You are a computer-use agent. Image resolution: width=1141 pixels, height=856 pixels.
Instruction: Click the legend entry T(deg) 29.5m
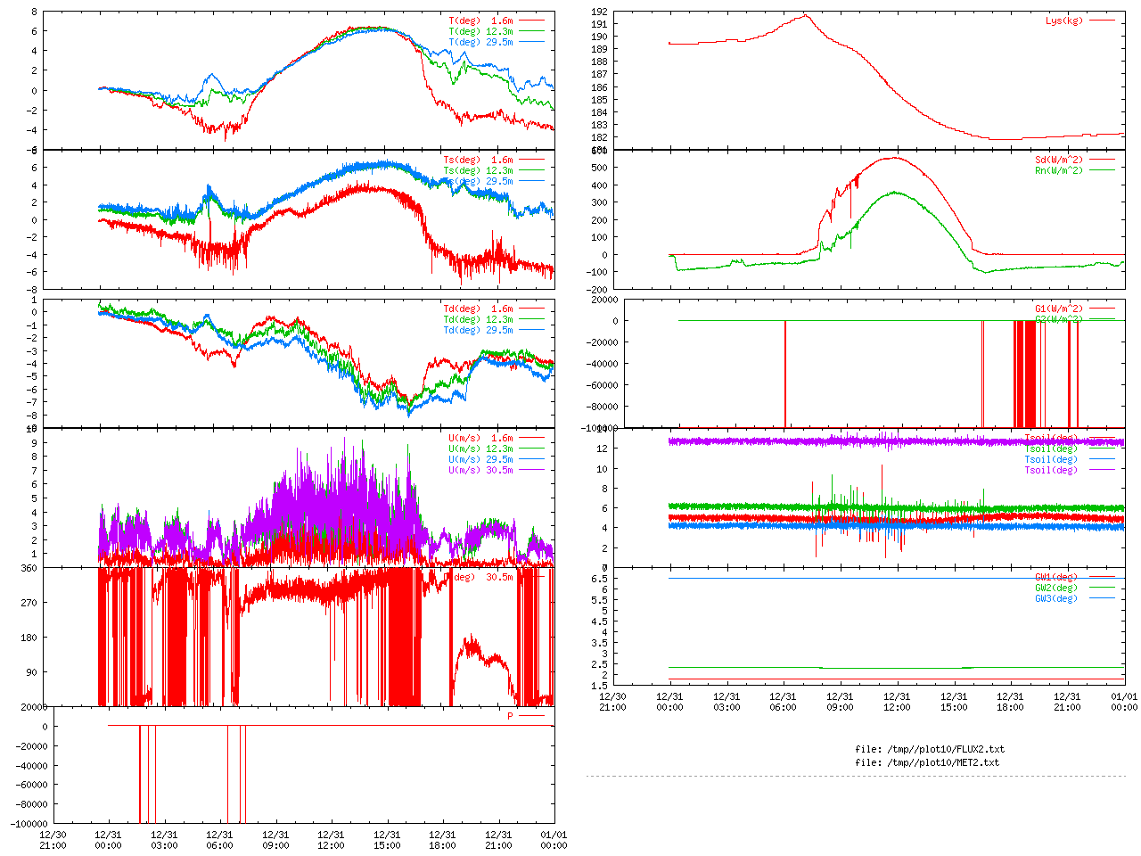pyautogui.click(x=480, y=42)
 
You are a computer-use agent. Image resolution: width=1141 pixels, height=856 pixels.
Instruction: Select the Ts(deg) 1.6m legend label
pyautogui.click(x=478, y=160)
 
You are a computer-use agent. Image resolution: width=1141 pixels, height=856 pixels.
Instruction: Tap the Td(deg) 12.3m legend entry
pyautogui.click(x=478, y=319)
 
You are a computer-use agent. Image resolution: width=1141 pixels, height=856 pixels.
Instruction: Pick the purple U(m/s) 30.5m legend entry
pyautogui.click(x=480, y=470)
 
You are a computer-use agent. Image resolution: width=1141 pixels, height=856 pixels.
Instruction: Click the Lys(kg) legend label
pyautogui.click(x=1063, y=21)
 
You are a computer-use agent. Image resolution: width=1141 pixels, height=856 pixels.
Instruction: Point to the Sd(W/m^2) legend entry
pyautogui.click(x=1058, y=160)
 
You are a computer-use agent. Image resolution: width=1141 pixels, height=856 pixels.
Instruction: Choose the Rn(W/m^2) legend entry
pyautogui.click(x=1058, y=170)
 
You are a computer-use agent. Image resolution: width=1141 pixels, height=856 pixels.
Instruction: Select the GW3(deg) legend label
pyautogui.click(x=1055, y=598)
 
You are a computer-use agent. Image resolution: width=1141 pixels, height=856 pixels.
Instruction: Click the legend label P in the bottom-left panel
pyautogui.click(x=510, y=716)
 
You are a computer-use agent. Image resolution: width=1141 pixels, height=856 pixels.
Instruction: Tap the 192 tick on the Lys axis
pyautogui.click(x=600, y=12)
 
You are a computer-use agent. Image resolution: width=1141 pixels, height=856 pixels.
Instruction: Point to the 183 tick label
pyautogui.click(x=600, y=125)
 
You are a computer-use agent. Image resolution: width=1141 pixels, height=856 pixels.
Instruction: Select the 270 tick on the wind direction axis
pyautogui.click(x=29, y=603)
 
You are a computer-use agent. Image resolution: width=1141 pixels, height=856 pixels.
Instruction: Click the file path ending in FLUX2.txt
pyautogui.click(x=929, y=749)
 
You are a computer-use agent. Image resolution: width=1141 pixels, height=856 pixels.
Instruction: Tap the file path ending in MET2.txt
pyautogui.click(x=926, y=762)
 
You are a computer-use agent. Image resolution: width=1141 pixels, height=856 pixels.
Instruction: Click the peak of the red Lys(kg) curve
pyautogui.click(x=805, y=15)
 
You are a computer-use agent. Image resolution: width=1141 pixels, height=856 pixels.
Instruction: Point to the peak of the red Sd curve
pyautogui.click(x=894, y=158)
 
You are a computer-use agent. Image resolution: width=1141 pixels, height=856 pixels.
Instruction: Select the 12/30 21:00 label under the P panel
pyautogui.click(x=53, y=840)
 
